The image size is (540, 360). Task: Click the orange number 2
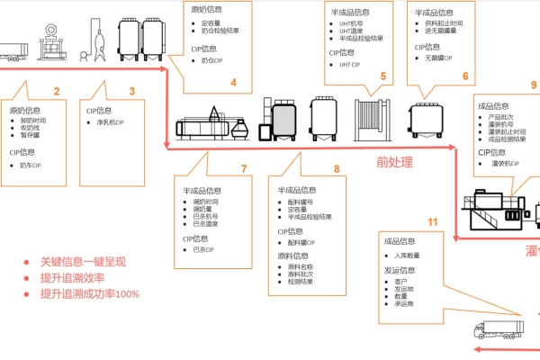tap(57, 91)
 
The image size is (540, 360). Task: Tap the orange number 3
tap(132, 91)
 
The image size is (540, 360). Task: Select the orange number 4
tap(233, 83)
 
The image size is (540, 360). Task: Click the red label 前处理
tap(394, 162)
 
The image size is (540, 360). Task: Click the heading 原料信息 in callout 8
tap(296, 256)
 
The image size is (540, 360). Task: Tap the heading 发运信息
tap(400, 270)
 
